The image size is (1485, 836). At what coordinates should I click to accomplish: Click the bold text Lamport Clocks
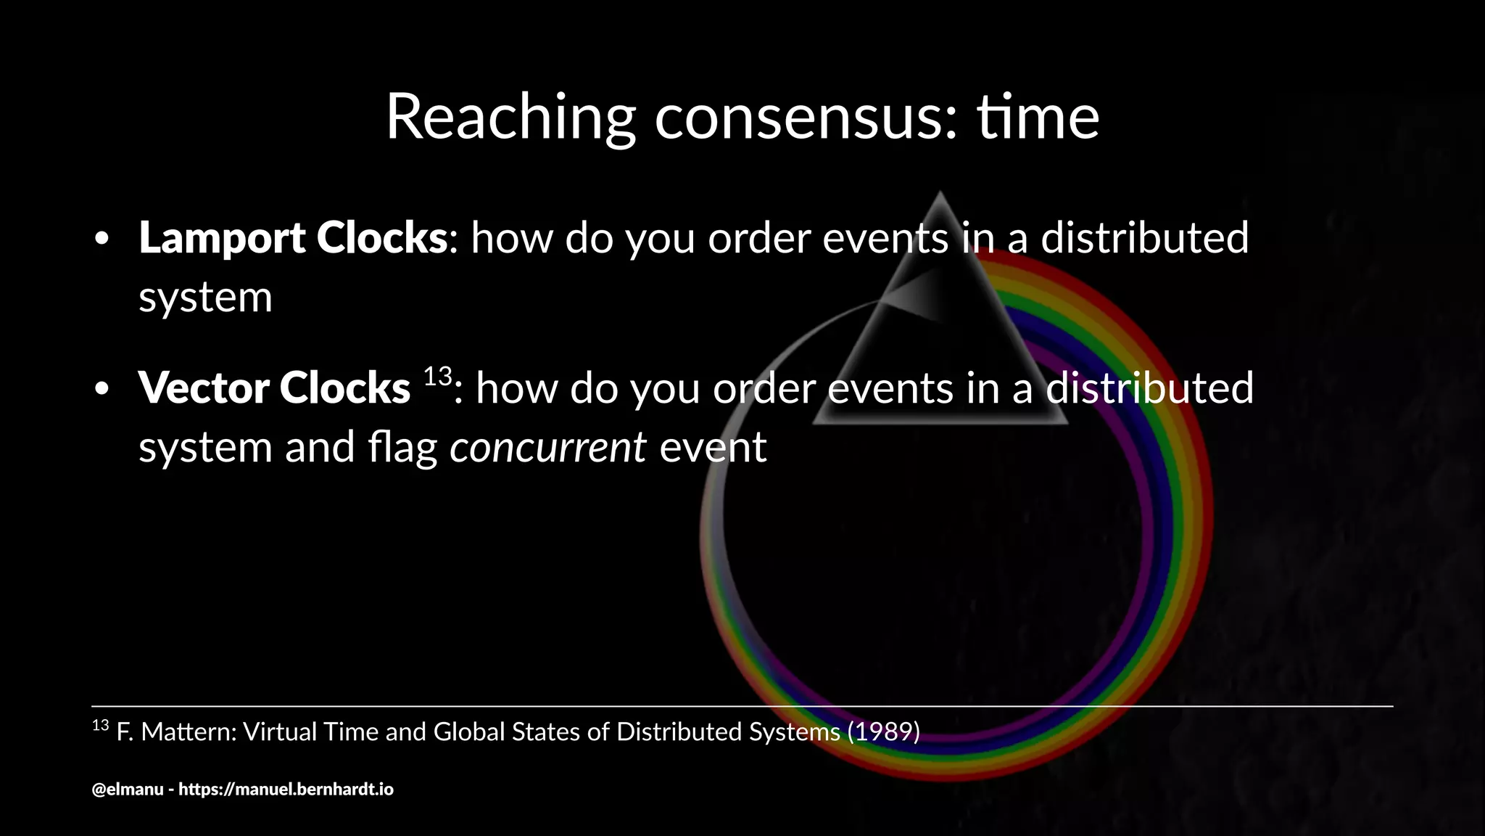pyautogui.click(x=293, y=238)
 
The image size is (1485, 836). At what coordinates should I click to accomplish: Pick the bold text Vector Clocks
pyautogui.click(x=274, y=388)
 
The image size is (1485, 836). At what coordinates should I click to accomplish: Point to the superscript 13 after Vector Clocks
pyautogui.click(x=437, y=376)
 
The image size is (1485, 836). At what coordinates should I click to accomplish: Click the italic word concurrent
pyautogui.click(x=547, y=447)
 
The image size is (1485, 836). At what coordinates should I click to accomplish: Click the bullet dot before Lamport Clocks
pyautogui.click(x=102, y=239)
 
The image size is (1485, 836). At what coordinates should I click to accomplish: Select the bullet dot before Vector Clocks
pyautogui.click(x=102, y=390)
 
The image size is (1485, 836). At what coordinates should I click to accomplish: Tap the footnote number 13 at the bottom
pyautogui.click(x=100, y=725)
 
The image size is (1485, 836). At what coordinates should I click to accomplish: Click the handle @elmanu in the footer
pyautogui.click(x=128, y=790)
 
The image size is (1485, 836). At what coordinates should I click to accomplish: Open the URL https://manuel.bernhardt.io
pyautogui.click(x=286, y=790)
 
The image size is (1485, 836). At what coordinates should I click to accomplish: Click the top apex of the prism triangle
pyautogui.click(x=940, y=194)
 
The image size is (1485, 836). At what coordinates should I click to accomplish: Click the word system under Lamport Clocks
pyautogui.click(x=205, y=298)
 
